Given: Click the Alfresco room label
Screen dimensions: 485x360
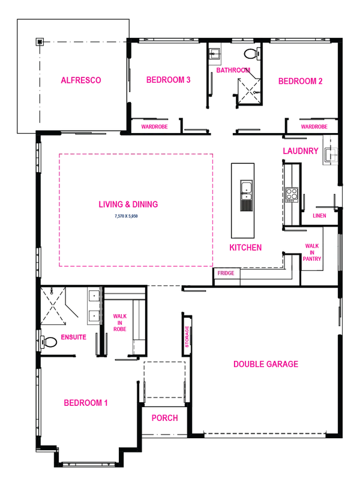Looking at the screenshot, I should [x=81, y=80].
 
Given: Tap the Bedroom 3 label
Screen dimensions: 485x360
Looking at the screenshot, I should [x=167, y=79].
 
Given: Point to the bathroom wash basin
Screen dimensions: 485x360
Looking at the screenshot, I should [x=215, y=55].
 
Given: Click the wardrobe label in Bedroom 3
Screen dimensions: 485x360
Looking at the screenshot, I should [x=155, y=126].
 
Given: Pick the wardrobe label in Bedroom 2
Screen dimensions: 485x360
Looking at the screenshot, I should [x=314, y=126].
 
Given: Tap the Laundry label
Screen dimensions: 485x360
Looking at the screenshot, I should [x=299, y=150].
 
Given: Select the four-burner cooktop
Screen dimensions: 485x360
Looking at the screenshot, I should [x=292, y=195].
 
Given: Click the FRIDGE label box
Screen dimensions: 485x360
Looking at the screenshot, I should [x=227, y=273].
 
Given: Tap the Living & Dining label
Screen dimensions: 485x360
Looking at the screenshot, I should [x=127, y=204].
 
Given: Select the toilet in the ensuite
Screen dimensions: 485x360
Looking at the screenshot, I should [x=48, y=342].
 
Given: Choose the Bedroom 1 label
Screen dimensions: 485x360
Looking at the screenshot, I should [x=86, y=402].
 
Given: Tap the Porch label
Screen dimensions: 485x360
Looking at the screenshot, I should [x=164, y=418].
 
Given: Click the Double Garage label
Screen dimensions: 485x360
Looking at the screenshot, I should [x=266, y=363].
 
